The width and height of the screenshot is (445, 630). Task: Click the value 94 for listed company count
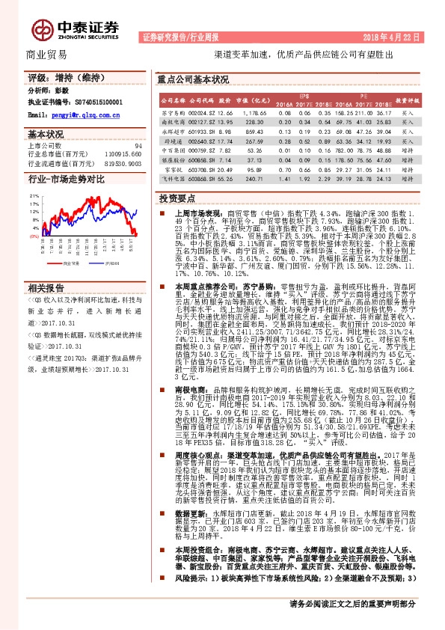click(137, 146)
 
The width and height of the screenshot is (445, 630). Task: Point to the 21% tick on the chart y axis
click(34, 195)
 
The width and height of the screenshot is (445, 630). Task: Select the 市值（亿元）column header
click(252, 99)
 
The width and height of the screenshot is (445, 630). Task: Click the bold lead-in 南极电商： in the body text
click(191, 390)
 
